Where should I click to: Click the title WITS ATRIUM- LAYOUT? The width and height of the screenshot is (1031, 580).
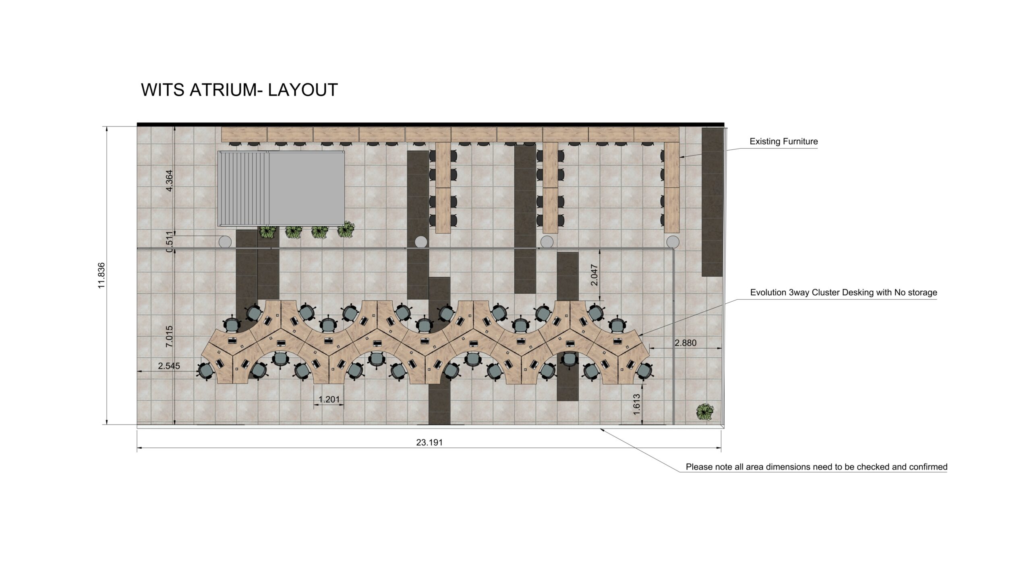(x=239, y=90)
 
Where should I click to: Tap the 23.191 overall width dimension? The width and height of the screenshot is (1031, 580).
(x=429, y=442)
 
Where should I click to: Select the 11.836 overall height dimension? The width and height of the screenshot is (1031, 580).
(x=101, y=275)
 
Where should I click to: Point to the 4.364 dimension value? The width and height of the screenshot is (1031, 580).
(x=169, y=181)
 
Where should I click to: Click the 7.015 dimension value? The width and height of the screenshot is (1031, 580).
(x=169, y=336)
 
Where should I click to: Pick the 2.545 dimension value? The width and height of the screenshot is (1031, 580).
(x=169, y=366)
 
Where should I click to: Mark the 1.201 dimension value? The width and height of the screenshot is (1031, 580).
(x=329, y=399)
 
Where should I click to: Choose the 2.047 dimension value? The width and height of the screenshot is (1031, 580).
(x=594, y=275)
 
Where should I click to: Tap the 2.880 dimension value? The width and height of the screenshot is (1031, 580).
(x=685, y=343)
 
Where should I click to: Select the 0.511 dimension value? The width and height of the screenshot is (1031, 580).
(x=169, y=242)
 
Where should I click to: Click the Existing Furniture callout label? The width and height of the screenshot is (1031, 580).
(x=784, y=141)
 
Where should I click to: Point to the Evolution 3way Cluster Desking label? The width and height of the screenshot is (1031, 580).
(x=844, y=292)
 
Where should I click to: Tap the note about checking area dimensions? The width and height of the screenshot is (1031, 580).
(x=817, y=467)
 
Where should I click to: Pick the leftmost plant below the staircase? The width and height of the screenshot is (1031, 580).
(x=268, y=232)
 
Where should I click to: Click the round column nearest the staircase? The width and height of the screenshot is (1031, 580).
(x=225, y=242)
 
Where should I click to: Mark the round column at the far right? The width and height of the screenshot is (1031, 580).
(x=673, y=242)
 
